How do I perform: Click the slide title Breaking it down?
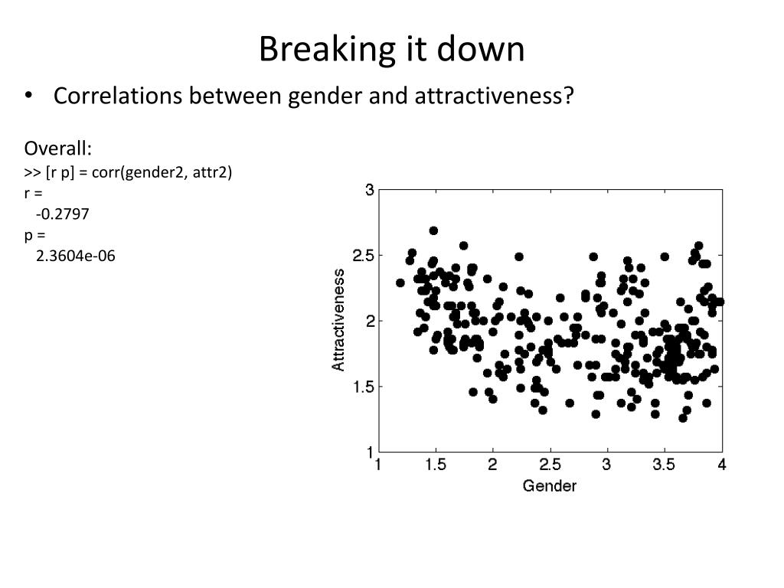coord(391,50)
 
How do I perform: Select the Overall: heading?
coord(57,148)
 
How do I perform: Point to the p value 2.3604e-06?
coord(75,256)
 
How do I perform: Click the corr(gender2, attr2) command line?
coord(128,172)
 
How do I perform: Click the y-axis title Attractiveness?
coord(338,320)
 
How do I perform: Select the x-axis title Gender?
coord(549,485)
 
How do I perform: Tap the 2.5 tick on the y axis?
coord(362,255)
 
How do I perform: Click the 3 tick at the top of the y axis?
coord(369,190)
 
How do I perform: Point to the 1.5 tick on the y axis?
coord(362,387)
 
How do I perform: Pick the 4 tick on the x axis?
coord(721,464)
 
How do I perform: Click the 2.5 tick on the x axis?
coord(550,464)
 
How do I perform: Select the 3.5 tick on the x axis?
coord(664,464)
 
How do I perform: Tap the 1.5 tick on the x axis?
coord(436,464)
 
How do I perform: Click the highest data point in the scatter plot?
coord(433,230)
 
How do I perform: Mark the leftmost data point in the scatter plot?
coord(400,283)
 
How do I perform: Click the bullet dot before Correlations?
coord(29,96)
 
